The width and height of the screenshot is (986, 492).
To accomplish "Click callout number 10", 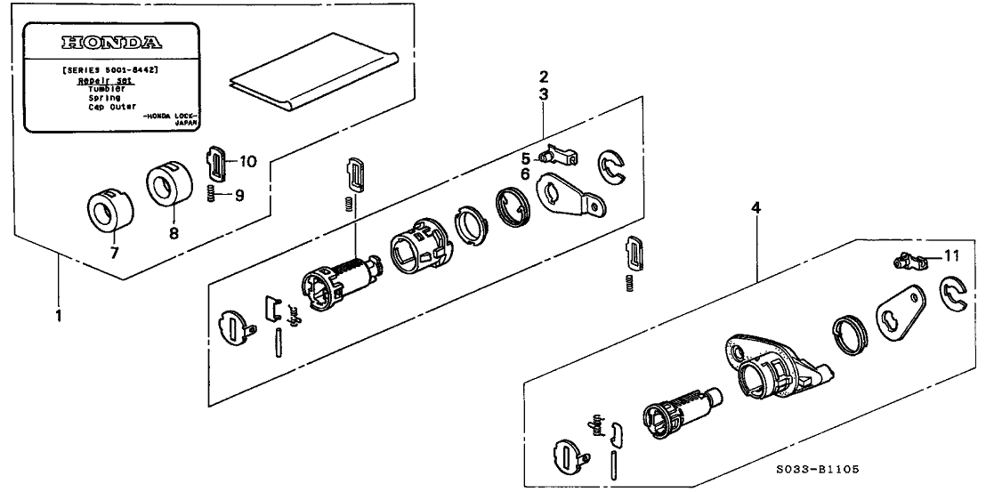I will [247, 161].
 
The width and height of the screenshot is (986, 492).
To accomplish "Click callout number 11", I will [951, 256].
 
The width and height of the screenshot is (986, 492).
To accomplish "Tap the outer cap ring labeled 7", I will [109, 213].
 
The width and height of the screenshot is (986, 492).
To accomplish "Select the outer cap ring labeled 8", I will [168, 182].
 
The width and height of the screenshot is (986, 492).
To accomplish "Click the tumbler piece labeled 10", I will [217, 162].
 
